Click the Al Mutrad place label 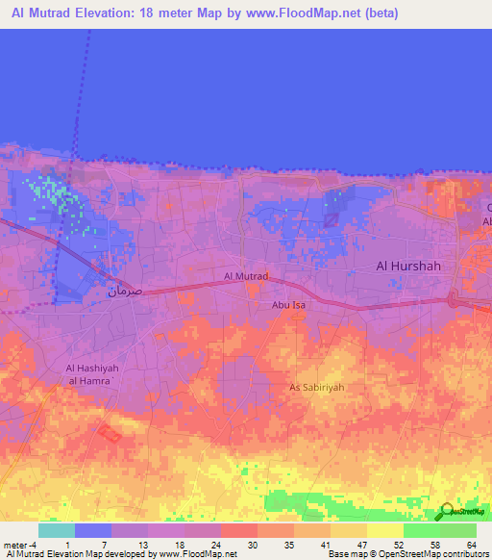coord(245,276)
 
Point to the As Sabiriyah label coord(316,387)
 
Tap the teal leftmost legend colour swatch coord(56,530)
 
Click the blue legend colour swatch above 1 coord(92,530)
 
